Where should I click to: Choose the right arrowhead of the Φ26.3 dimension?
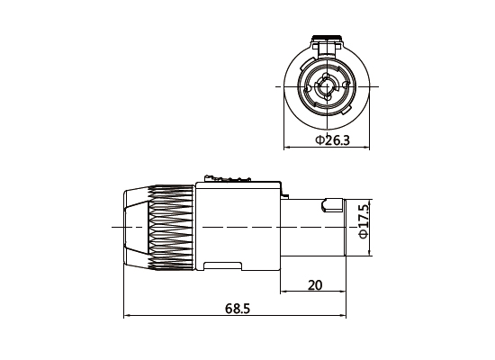pos(369,147)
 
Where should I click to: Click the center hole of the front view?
pos(328,89)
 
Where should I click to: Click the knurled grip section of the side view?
pos(171,227)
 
